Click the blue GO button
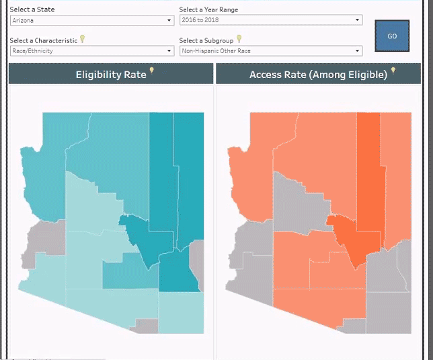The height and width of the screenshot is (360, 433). (x=392, y=36)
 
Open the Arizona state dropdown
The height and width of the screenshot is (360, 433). (x=92, y=20)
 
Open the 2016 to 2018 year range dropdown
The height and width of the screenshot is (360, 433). (x=270, y=20)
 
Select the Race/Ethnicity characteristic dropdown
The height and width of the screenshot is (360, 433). (x=92, y=51)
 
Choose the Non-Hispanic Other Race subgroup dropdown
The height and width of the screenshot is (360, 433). (x=270, y=51)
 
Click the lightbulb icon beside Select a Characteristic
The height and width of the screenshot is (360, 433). (x=82, y=39)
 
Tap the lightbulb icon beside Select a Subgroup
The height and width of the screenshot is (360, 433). (x=239, y=39)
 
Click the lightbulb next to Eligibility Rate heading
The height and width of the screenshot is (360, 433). (x=151, y=71)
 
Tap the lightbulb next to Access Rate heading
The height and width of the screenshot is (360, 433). (x=393, y=71)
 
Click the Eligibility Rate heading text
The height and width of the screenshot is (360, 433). (x=111, y=75)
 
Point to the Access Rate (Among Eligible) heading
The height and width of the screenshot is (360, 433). (x=318, y=75)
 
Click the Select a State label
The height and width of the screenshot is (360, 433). (x=32, y=9)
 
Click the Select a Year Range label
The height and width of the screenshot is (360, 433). (x=208, y=9)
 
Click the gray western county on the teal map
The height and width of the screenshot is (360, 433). (x=46, y=240)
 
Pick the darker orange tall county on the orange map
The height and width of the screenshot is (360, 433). (x=370, y=172)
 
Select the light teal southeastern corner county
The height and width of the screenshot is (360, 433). (x=181, y=312)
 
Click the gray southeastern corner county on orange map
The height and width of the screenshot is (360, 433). (x=389, y=312)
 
